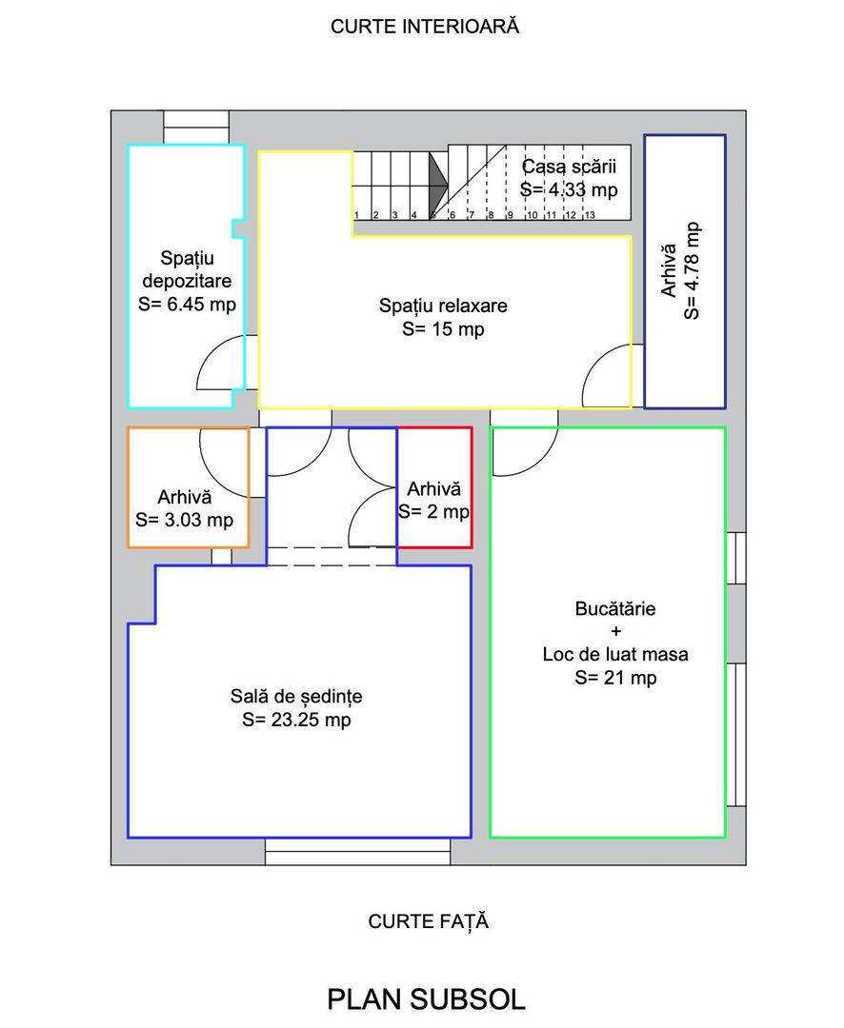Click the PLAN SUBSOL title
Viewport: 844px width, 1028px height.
pyautogui.click(x=426, y=999)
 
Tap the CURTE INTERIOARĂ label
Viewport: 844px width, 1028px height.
pyautogui.click(x=425, y=27)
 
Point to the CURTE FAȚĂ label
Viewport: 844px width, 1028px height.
pyautogui.click(x=428, y=921)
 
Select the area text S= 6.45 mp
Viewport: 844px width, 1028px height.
pyautogui.click(x=187, y=305)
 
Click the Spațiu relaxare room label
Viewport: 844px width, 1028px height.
pyautogui.click(x=443, y=306)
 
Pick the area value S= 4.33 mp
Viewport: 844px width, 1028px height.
pyautogui.click(x=569, y=189)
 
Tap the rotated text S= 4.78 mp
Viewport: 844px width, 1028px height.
pyautogui.click(x=692, y=270)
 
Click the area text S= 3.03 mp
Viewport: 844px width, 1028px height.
pyautogui.click(x=185, y=520)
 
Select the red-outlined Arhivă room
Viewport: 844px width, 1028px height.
pyautogui.click(x=434, y=487)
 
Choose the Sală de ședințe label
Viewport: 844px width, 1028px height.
pyautogui.click(x=296, y=696)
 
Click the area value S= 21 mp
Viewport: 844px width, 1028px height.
pyautogui.click(x=615, y=678)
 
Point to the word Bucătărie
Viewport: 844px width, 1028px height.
pyautogui.click(x=615, y=608)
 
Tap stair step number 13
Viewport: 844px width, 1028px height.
pyautogui.click(x=590, y=215)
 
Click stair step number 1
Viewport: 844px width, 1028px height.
pyautogui.click(x=356, y=215)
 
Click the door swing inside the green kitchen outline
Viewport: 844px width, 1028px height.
pyautogui.click(x=525, y=452)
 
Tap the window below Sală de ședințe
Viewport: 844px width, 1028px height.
pyautogui.click(x=357, y=852)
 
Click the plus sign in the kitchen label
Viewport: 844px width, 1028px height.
pyautogui.click(x=615, y=631)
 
